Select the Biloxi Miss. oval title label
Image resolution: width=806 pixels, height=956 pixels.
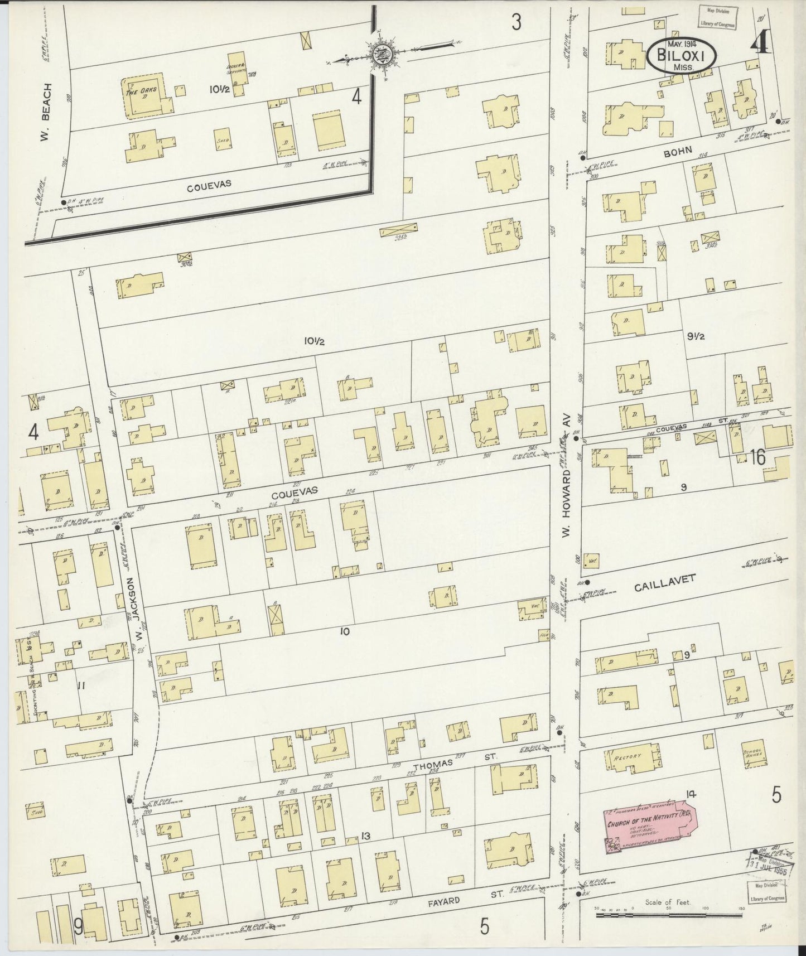click(679, 57)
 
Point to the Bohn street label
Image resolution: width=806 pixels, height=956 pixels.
click(678, 151)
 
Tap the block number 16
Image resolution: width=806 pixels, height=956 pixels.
click(757, 458)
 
